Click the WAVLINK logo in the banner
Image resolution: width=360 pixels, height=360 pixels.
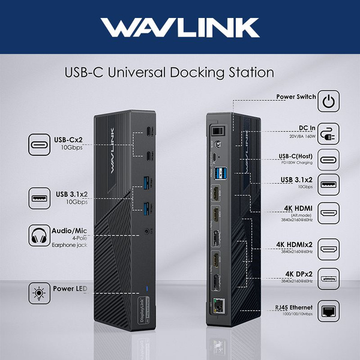point(180,28)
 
